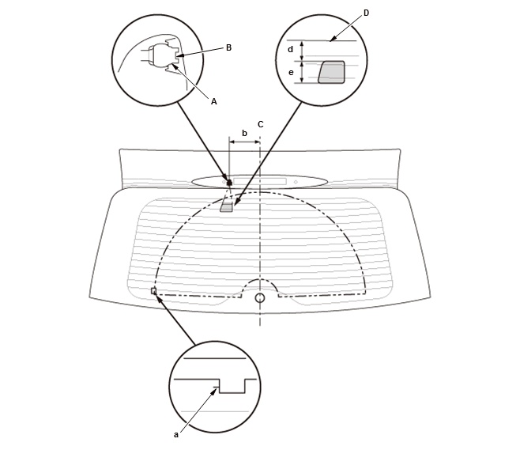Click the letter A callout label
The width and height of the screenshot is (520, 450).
point(214,101)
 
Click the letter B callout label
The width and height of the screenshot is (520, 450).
point(228,47)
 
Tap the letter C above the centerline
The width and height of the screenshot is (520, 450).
point(260,124)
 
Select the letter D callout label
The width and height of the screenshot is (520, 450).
point(366,13)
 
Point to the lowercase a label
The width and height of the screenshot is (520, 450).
point(176,435)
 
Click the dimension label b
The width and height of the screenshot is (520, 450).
point(244,133)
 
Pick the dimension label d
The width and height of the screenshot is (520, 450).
point(291,50)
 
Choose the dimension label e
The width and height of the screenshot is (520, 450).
point(291,72)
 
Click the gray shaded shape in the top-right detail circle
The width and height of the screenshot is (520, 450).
point(332,72)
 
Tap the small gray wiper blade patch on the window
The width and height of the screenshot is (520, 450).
point(226,206)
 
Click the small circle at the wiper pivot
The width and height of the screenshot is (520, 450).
point(260,297)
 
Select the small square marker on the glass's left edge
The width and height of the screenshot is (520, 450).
point(153,291)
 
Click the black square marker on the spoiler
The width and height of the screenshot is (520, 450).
point(229,182)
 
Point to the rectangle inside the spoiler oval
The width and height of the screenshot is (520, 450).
point(260,182)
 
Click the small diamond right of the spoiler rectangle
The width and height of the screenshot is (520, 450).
point(296,182)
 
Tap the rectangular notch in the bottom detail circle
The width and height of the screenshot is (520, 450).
point(232,386)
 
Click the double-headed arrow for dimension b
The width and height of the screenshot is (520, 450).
point(244,142)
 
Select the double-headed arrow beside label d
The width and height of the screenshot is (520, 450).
point(301,51)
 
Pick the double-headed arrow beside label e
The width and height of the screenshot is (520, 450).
point(301,72)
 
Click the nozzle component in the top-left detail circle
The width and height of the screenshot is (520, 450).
point(163,55)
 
